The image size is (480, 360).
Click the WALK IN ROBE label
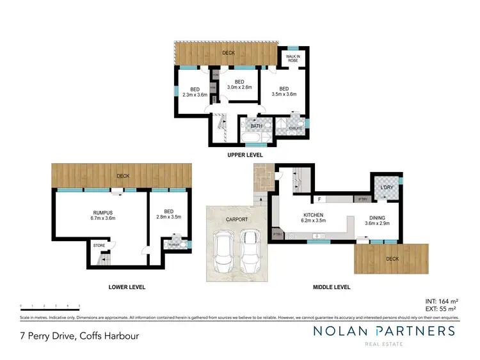click(x=294, y=59)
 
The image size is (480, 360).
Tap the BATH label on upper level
click(x=256, y=126)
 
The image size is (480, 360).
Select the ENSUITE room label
click(x=296, y=129)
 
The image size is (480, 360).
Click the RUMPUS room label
click(x=102, y=215)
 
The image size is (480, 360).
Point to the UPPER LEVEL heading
click(x=246, y=155)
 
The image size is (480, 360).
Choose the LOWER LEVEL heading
click(x=127, y=287)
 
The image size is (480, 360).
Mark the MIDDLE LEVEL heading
click(x=332, y=287)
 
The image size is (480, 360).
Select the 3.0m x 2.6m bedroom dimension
click(x=239, y=89)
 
